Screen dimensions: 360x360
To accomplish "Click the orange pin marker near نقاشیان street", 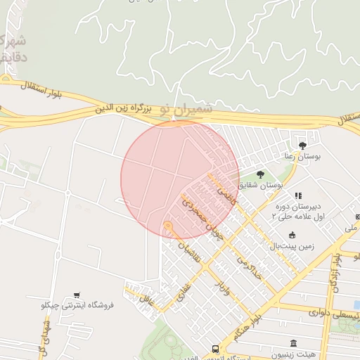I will pos(167,226).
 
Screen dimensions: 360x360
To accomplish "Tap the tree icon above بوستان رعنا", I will pos(303,146).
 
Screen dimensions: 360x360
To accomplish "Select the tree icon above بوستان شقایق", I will pos(260,174).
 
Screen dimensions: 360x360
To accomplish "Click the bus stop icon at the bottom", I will pos(215,349).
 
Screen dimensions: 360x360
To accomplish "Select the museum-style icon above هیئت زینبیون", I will pos(293,344).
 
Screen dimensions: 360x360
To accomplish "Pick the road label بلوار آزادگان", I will pos(341,260).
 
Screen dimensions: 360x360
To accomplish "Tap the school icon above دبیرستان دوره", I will pos(298,195).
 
